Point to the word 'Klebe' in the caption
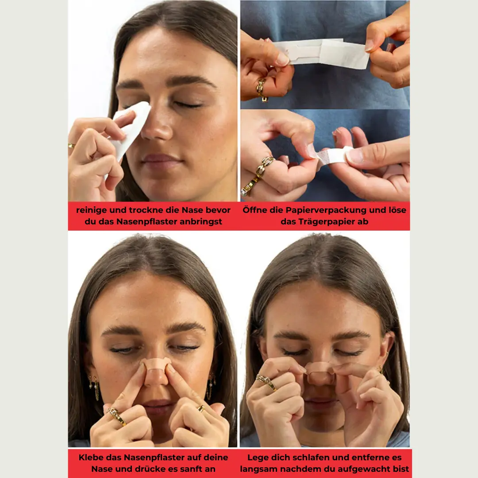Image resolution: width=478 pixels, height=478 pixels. (x=89, y=458)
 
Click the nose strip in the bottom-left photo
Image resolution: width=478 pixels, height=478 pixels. (x=156, y=365)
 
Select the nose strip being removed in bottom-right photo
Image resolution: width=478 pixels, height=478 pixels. (x=320, y=369)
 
